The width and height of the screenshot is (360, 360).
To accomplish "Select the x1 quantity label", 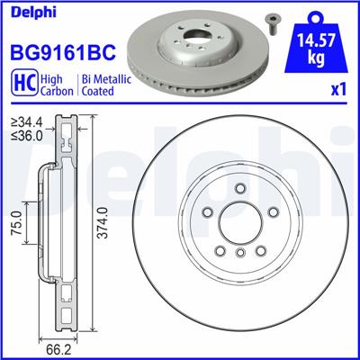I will pos(339,91).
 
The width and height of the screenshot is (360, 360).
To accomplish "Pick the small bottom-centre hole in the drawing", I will pos(240,254).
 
